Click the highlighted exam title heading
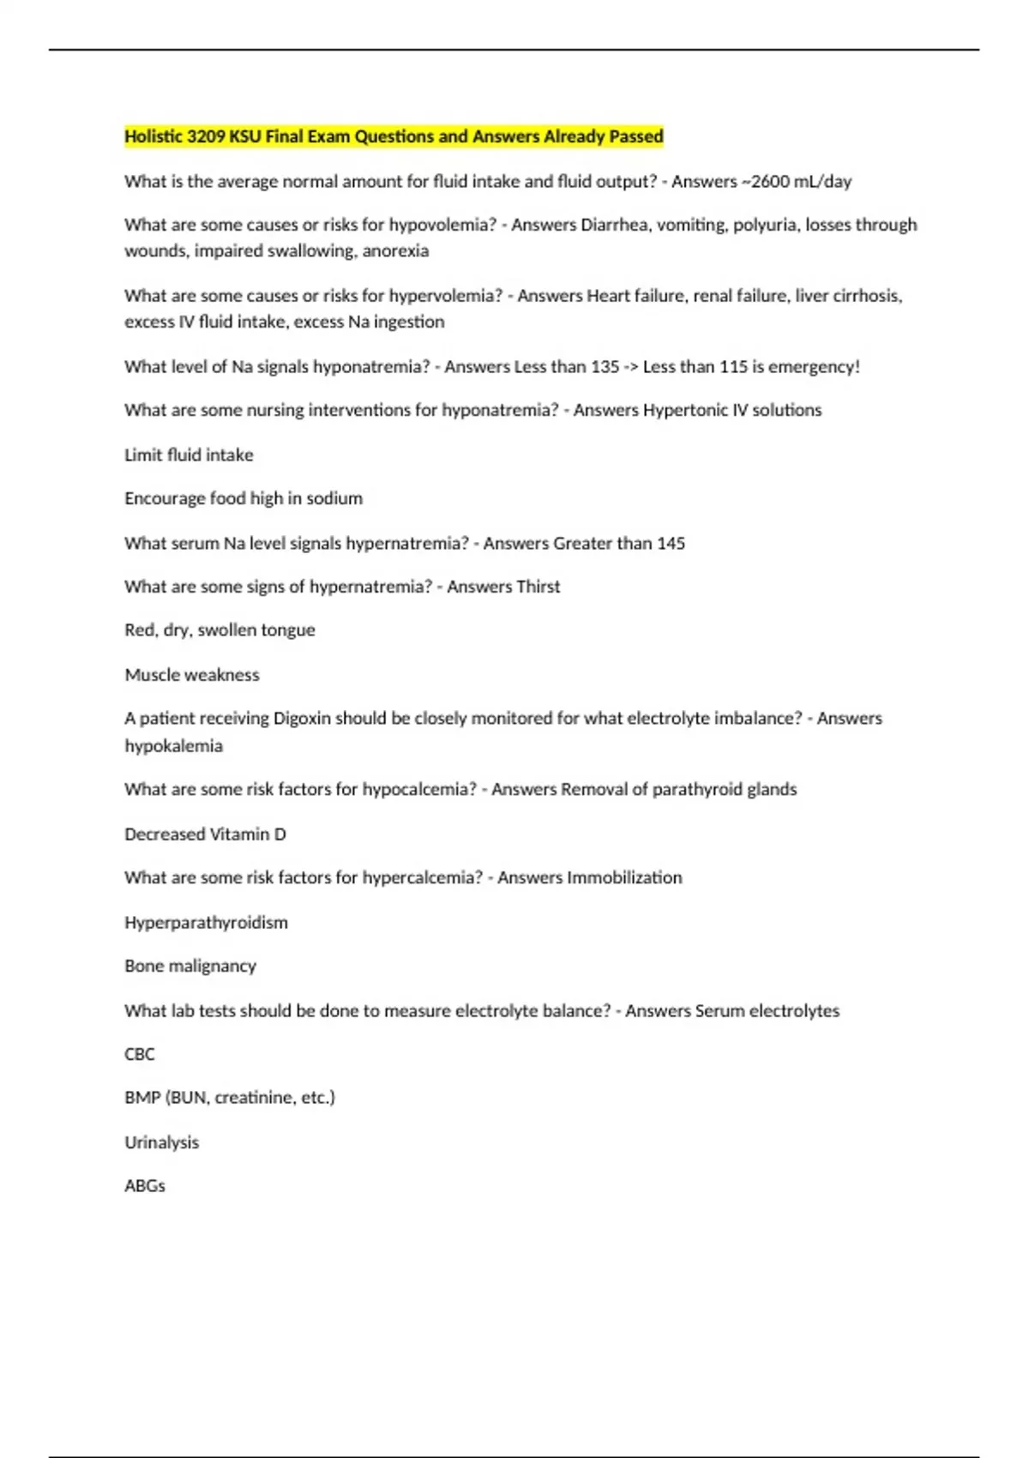tap(394, 136)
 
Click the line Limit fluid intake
tap(189, 455)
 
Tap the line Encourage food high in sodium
tap(244, 498)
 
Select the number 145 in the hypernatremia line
tap(671, 544)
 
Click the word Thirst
tap(539, 587)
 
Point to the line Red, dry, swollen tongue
tap(220, 630)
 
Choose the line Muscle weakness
tap(192, 675)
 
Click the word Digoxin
tap(302, 719)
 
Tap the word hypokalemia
tap(173, 746)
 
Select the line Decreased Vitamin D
tap(205, 834)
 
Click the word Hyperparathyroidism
tap(206, 923)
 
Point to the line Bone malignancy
tap(190, 967)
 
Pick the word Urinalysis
tap(161, 1142)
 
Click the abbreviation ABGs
tap(145, 1186)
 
